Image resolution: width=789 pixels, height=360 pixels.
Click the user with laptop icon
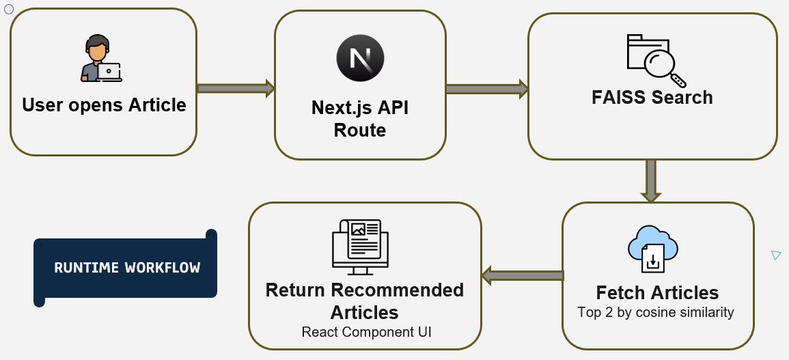(x=101, y=59)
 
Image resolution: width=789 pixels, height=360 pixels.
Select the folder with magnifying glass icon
(x=655, y=58)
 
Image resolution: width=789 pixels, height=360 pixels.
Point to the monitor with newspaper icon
(x=359, y=244)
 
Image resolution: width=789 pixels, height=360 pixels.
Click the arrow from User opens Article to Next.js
(x=236, y=88)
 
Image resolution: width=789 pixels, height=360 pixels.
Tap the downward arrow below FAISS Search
(x=651, y=180)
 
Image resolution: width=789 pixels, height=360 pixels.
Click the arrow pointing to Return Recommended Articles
(x=523, y=276)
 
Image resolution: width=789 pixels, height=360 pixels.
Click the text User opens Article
(x=104, y=105)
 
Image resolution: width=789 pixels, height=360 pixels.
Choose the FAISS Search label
(x=652, y=98)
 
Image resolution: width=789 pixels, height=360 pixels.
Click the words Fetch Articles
(x=657, y=293)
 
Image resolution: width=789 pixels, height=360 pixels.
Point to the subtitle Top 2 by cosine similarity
(x=656, y=313)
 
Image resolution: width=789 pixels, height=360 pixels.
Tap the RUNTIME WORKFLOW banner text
(x=127, y=268)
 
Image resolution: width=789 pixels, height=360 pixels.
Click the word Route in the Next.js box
(x=360, y=130)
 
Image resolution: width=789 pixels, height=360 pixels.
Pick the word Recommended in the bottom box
(x=397, y=290)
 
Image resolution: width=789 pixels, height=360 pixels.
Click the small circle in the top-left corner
(x=9, y=9)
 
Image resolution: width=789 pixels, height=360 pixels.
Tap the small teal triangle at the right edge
(x=775, y=255)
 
